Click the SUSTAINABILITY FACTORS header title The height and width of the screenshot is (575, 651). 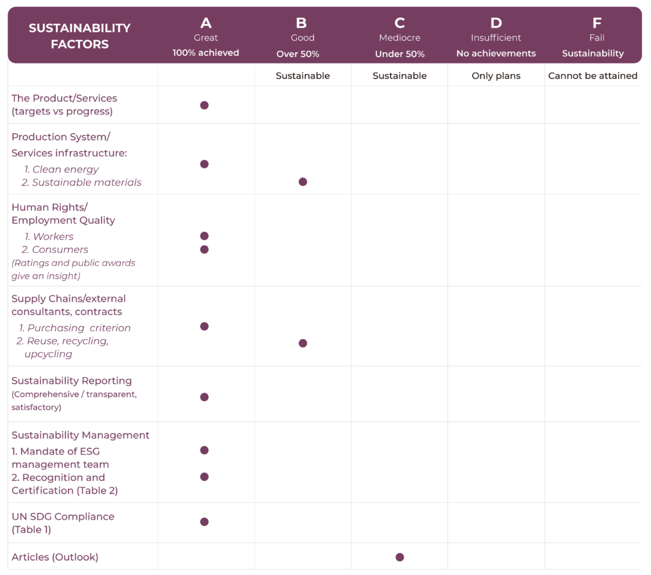pyautogui.click(x=79, y=36)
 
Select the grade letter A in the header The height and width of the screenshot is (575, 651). pyautogui.click(x=206, y=24)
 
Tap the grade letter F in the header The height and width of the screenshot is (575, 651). pyautogui.click(x=596, y=24)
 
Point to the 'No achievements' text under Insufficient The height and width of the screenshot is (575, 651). pyautogui.click(x=496, y=53)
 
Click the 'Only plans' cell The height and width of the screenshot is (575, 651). pyautogui.click(x=496, y=76)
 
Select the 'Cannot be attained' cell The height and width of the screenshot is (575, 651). pyautogui.click(x=593, y=76)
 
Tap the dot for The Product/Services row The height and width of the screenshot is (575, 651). pyautogui.click(x=204, y=105)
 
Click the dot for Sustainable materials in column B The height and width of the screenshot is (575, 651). pyautogui.click(x=303, y=182)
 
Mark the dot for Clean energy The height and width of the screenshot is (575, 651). pyautogui.click(x=204, y=164)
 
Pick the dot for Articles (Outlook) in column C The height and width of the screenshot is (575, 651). pyautogui.click(x=399, y=557)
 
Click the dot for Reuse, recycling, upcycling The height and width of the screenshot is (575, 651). pyautogui.click(x=303, y=343)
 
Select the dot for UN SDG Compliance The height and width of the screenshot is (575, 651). pyautogui.click(x=204, y=522)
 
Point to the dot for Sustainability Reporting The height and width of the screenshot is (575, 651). pyautogui.click(x=204, y=397)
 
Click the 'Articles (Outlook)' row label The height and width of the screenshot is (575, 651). pyautogui.click(x=55, y=557)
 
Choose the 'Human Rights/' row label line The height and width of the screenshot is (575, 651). pyautogui.click(x=50, y=207)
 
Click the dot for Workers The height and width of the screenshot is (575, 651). pyautogui.click(x=204, y=236)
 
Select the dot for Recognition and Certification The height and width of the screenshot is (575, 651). pyautogui.click(x=204, y=477)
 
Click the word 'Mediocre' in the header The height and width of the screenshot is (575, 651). pyautogui.click(x=399, y=38)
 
